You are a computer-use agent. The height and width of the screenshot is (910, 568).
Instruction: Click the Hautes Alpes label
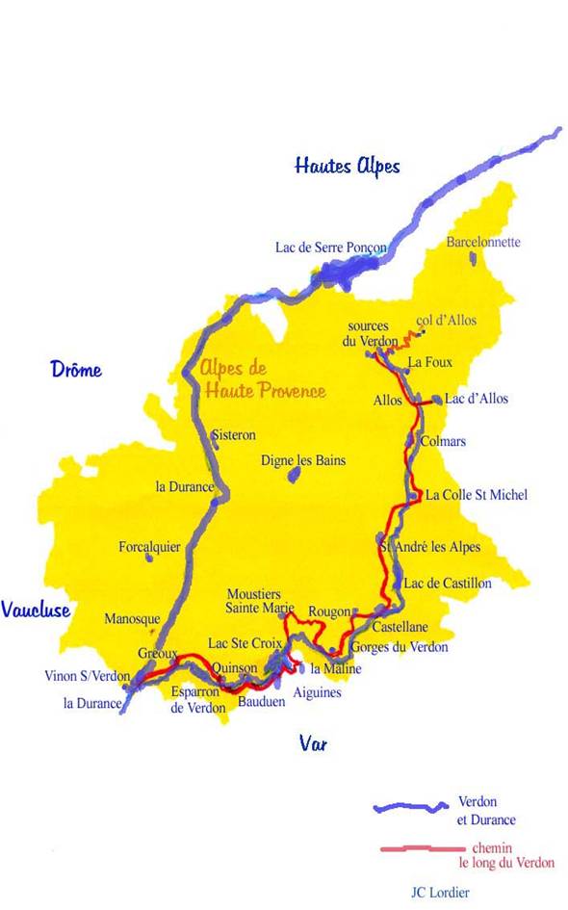[x=347, y=166]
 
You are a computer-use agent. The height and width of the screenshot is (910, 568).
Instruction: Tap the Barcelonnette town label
[x=483, y=243]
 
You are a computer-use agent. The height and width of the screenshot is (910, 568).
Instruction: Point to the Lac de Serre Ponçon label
[x=330, y=247]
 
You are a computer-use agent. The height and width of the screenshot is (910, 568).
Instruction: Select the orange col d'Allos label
[x=446, y=321]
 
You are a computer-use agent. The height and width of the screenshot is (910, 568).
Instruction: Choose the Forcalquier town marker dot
[x=148, y=558]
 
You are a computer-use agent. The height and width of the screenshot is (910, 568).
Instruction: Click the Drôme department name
[x=76, y=370]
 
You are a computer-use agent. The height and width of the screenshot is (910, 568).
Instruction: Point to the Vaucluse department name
[x=36, y=610]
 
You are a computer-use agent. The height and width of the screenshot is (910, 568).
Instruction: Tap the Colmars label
[x=443, y=442]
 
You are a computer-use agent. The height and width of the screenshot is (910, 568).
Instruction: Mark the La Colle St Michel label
[x=477, y=495]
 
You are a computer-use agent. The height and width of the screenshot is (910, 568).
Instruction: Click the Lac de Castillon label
[x=448, y=584]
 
